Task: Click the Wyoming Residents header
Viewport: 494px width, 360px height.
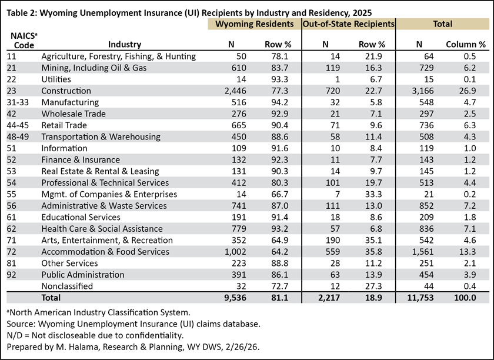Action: (254, 24)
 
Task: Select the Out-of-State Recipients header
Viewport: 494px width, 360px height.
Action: (348, 24)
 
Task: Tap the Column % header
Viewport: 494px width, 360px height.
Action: (466, 45)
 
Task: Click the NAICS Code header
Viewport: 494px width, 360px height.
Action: (24, 41)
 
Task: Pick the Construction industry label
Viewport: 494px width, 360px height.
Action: (66, 91)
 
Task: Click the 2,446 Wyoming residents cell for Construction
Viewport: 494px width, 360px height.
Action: (235, 91)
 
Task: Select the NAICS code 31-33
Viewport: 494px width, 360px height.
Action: (18, 102)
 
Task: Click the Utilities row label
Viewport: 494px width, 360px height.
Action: (56, 79)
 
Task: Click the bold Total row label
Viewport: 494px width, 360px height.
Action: (51, 298)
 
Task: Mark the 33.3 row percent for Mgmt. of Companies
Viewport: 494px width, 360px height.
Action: (373, 194)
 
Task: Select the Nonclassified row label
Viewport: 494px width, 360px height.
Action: (67, 286)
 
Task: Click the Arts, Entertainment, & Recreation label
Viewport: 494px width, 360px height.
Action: (107, 240)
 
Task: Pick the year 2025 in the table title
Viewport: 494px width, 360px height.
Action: (362, 13)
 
